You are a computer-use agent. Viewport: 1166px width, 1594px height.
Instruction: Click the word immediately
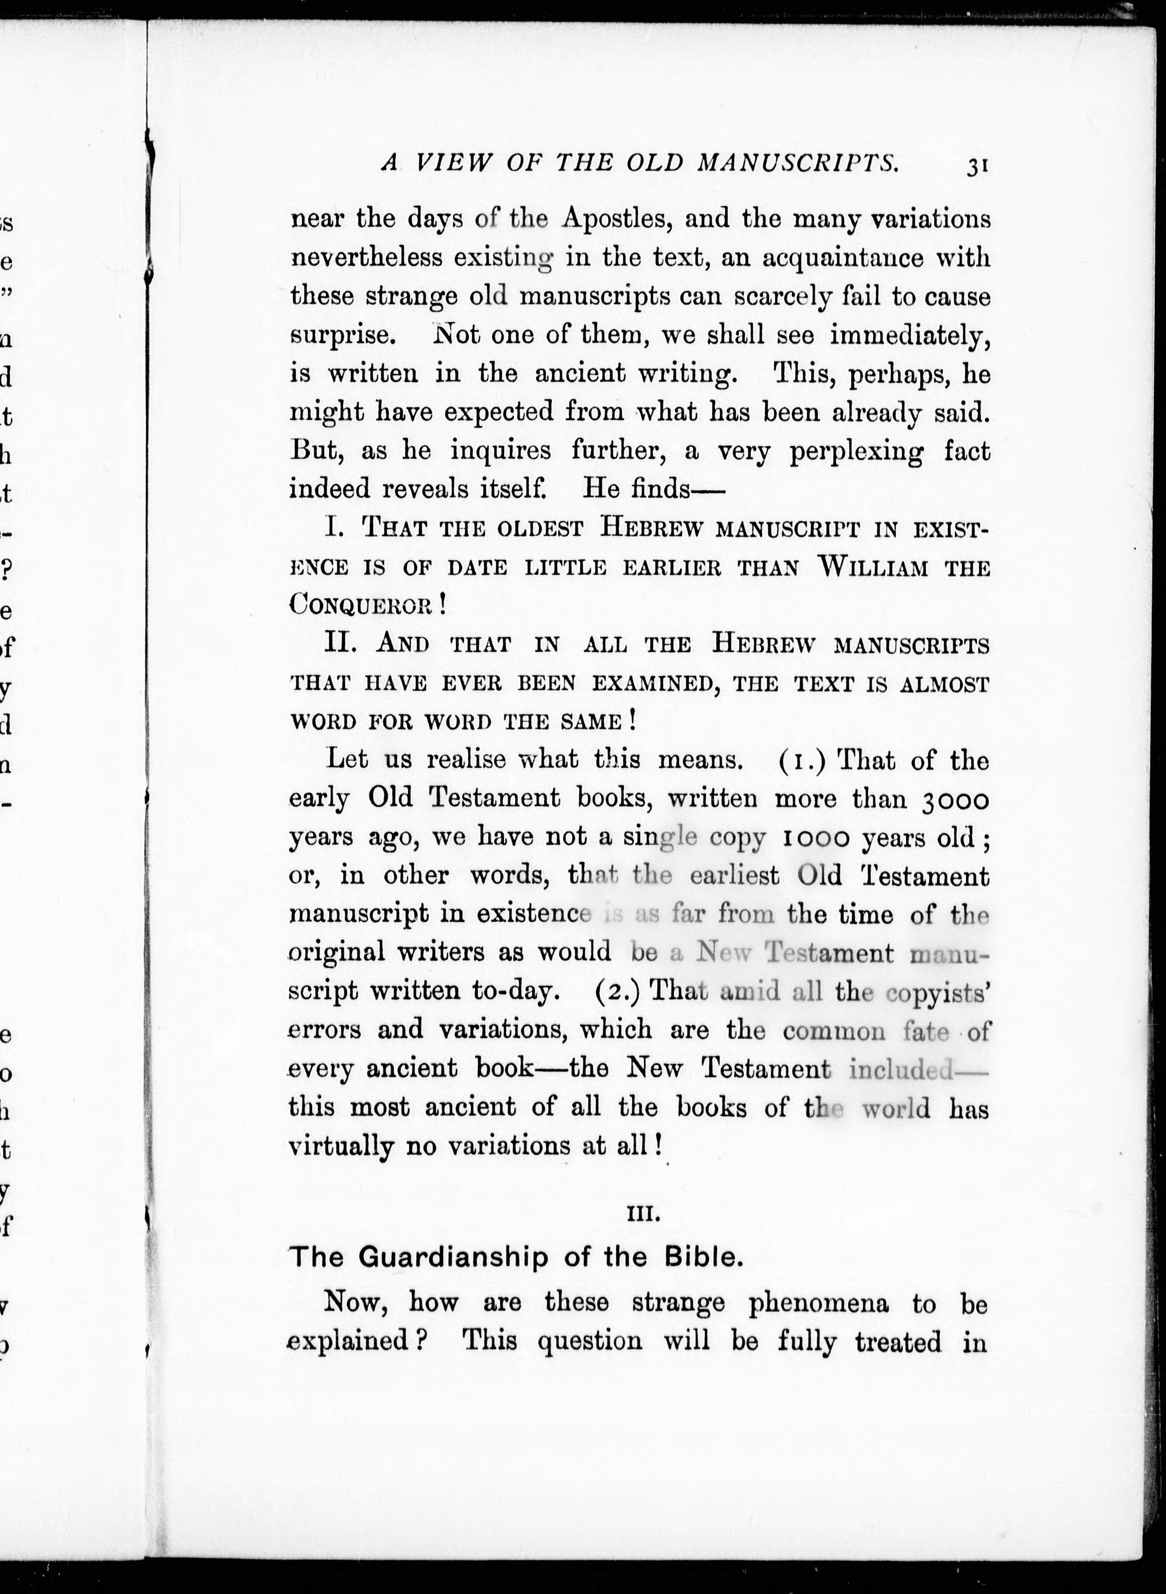(x=910, y=335)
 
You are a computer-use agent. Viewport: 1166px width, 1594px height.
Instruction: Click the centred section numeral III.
(x=642, y=1215)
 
